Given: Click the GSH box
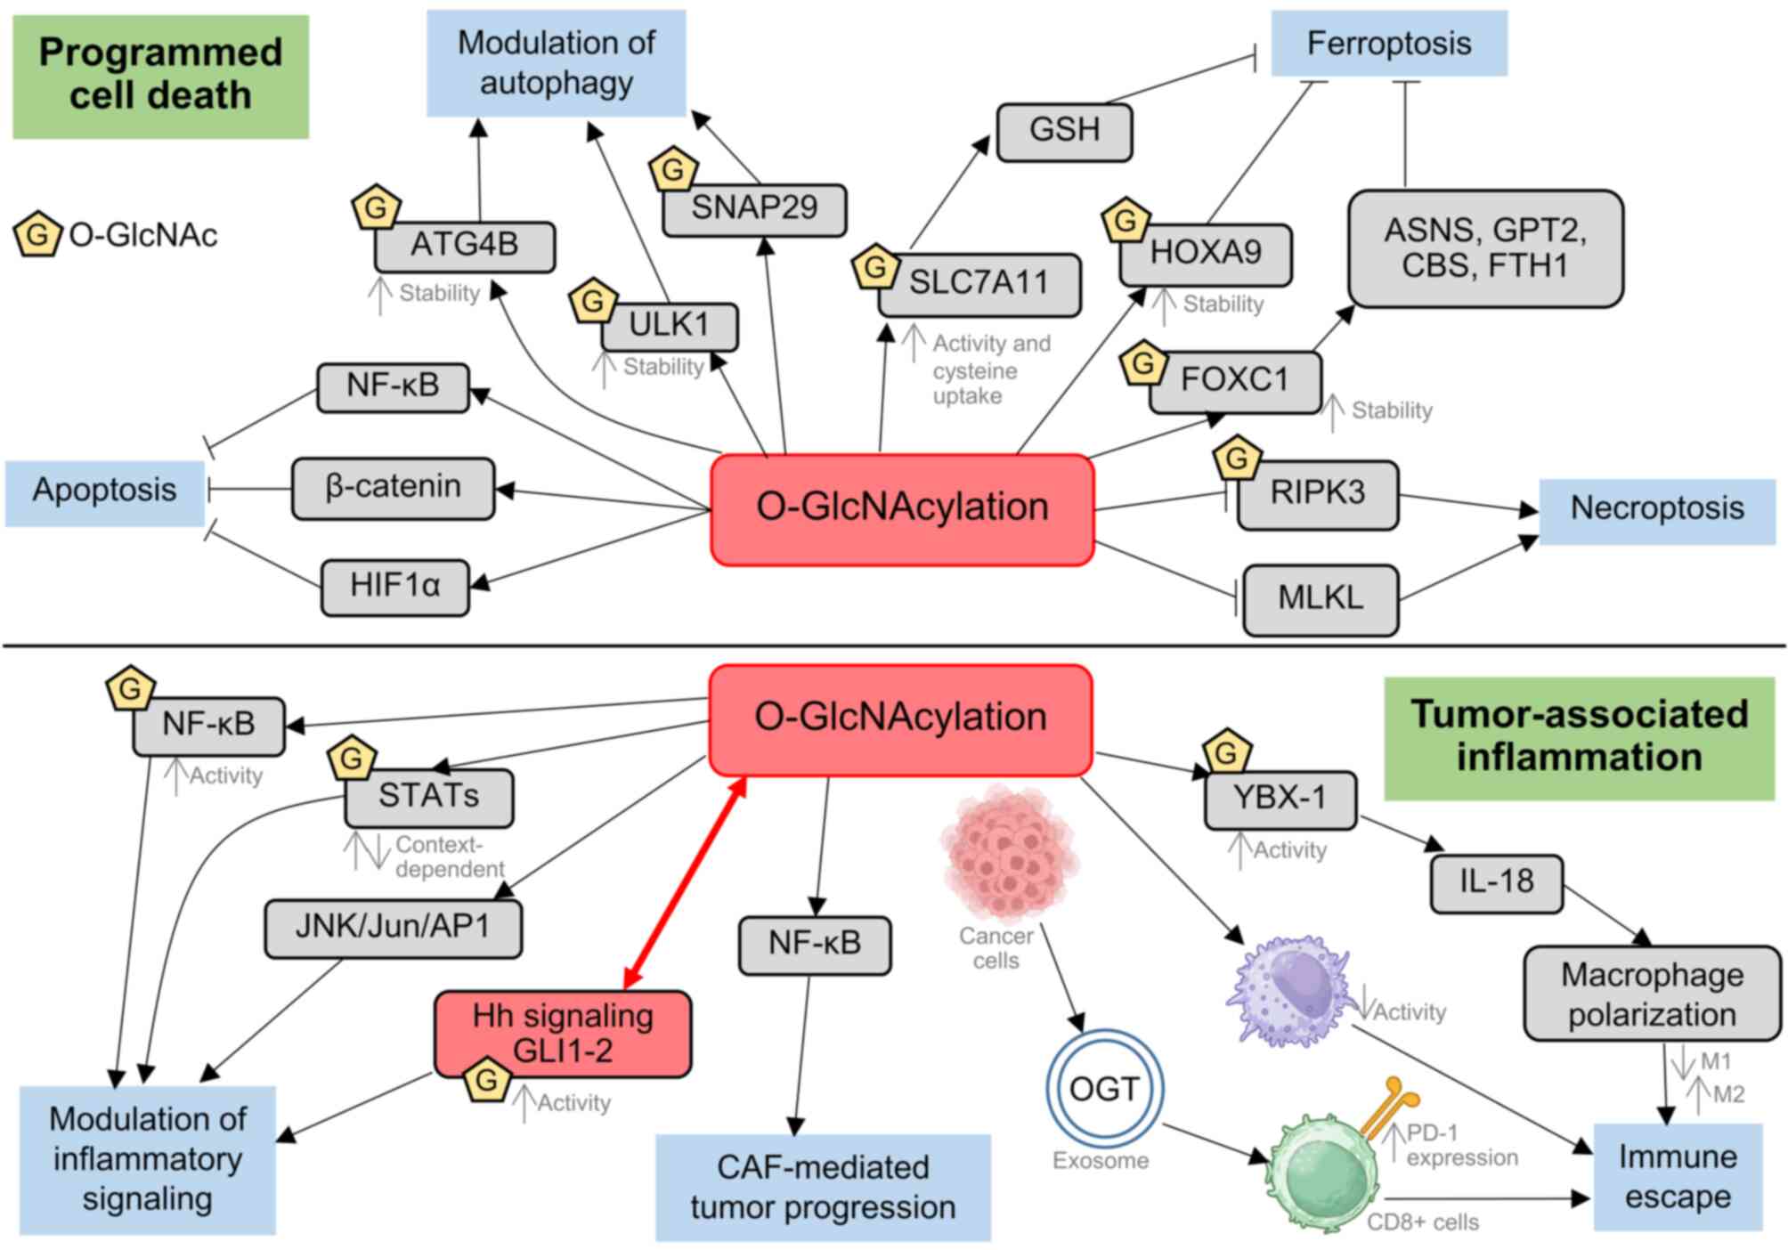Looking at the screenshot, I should pyautogui.click(x=1064, y=132).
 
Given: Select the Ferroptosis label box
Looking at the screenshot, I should pyautogui.click(x=1388, y=44).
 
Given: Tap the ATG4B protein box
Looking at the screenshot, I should pyautogui.click(x=465, y=246).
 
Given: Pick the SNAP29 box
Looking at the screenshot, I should pyautogui.click(x=754, y=210).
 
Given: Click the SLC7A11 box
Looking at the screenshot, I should pyautogui.click(x=979, y=285).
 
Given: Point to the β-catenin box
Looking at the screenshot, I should pyautogui.click(x=393, y=488).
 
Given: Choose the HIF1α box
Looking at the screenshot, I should pyautogui.click(x=394, y=587).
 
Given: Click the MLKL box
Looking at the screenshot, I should pyautogui.click(x=1320, y=598).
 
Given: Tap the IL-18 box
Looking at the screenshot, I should pyautogui.click(x=1496, y=883).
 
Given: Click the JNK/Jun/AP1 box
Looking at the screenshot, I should pyautogui.click(x=393, y=929).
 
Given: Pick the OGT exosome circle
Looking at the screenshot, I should pyautogui.click(x=1104, y=1088).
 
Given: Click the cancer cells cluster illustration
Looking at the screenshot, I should pyautogui.click(x=1009, y=855).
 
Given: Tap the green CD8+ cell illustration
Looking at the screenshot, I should pyautogui.click(x=1322, y=1173).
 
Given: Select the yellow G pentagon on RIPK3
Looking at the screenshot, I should pyautogui.click(x=1237, y=459).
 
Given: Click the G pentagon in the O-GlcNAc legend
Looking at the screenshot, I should pyautogui.click(x=37, y=235).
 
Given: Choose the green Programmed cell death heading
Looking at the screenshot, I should pyautogui.click(x=160, y=76).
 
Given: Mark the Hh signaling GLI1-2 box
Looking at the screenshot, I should pyautogui.click(x=563, y=1034).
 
